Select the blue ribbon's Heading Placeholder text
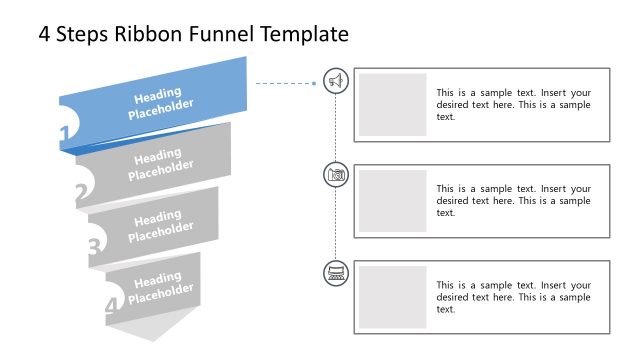point(161,103)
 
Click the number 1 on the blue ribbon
point(65,134)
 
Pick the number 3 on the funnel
point(94,246)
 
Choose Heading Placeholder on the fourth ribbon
point(161,286)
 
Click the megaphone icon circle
point(337,81)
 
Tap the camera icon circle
point(337,175)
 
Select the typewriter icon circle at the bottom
point(337,272)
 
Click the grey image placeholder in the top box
point(392,104)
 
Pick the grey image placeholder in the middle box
point(392,200)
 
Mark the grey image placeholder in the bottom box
point(392,297)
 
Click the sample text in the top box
point(513,104)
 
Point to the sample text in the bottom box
point(513,297)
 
